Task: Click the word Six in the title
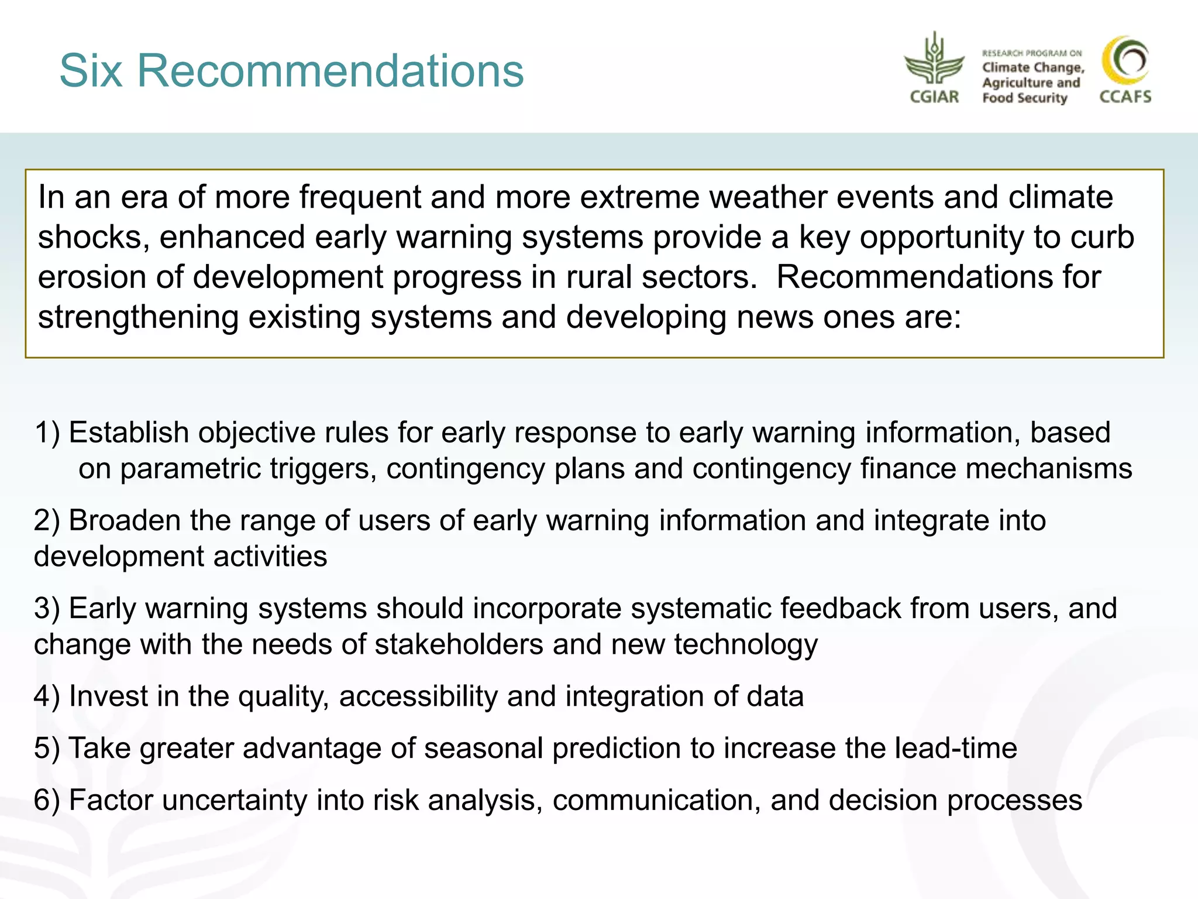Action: (91, 71)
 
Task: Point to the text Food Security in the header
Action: (1024, 98)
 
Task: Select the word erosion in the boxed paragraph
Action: (92, 277)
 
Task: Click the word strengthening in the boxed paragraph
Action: (138, 317)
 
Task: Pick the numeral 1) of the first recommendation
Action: (47, 433)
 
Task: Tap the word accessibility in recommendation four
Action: (418, 696)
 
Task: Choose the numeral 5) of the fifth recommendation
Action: (47, 749)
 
